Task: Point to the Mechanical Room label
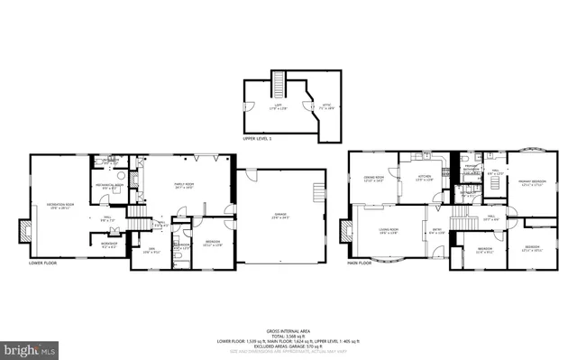pyautogui.click(x=108, y=185)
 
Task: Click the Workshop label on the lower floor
pyautogui.click(x=110, y=243)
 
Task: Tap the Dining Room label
pyautogui.click(x=374, y=179)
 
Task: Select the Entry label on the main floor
pyautogui.click(x=436, y=232)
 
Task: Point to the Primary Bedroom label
pyautogui.click(x=531, y=183)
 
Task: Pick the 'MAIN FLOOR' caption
pyautogui.click(x=359, y=263)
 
